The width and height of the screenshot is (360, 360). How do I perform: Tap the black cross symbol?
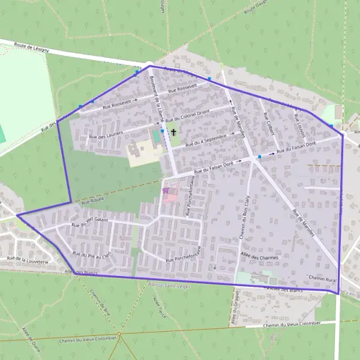pyautogui.click(x=174, y=131)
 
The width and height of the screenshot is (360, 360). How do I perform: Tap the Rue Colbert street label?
pyautogui.click(x=268, y=122)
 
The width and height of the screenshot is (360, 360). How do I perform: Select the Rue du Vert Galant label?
pyautogui.click(x=88, y=222)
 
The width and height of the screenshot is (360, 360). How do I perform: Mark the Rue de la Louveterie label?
pyautogui.click(x=26, y=258)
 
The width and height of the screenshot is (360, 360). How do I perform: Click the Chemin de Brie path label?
pyautogui.click(x=95, y=302)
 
